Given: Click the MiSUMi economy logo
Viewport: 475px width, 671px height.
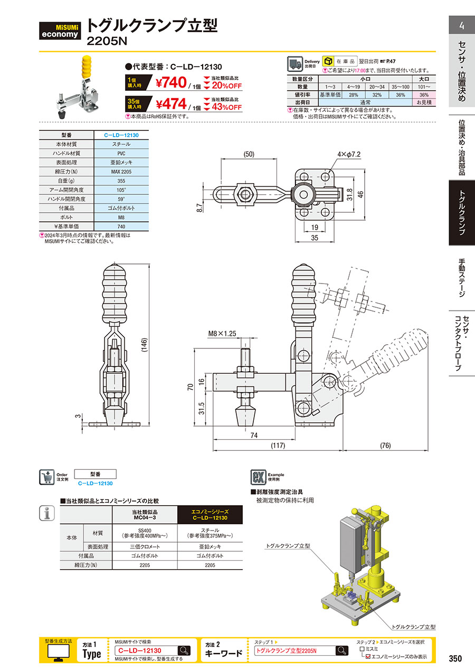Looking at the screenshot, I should (x=61, y=31).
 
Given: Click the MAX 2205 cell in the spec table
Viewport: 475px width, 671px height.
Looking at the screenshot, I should (x=121, y=172).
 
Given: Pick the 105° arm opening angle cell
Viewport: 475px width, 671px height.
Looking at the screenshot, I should (x=121, y=190).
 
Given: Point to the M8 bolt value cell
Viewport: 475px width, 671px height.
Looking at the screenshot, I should (x=121, y=216).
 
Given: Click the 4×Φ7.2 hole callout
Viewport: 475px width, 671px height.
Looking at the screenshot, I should (x=347, y=155).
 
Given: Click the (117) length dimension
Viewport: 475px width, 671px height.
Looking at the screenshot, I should (x=278, y=446).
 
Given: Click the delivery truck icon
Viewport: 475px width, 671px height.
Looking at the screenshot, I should (x=294, y=64).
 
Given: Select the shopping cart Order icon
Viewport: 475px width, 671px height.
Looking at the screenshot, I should (x=47, y=477).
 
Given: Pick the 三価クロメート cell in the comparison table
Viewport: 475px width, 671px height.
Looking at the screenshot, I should (x=145, y=546).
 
